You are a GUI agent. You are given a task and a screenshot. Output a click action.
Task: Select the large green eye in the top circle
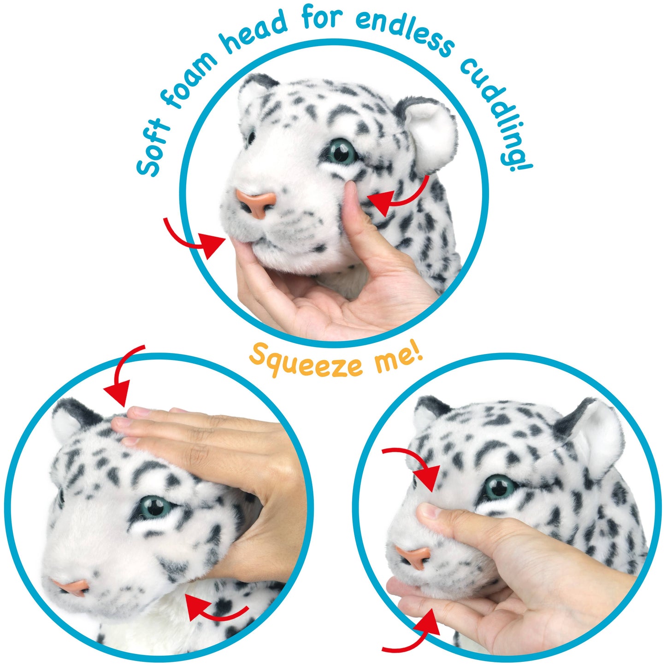342,152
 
